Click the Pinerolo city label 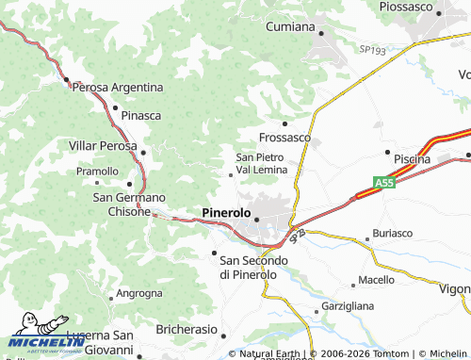coord(226,214)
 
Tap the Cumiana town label coord(289,26)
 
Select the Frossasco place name coord(284,137)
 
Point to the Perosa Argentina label coord(118,87)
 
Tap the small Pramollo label coord(97,172)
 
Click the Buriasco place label coord(393,232)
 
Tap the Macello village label coord(377,280)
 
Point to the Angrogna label coord(139,293)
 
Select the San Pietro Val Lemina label coord(261,162)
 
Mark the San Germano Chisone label coord(128,204)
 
